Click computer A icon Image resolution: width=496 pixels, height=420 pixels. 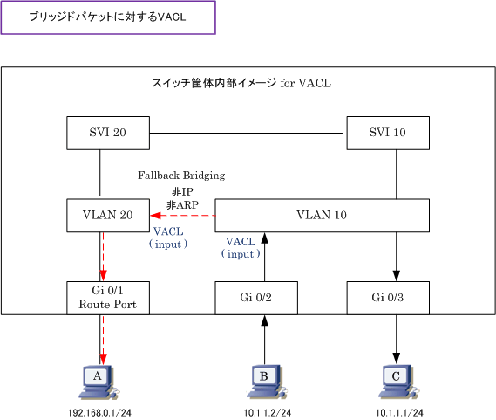99,382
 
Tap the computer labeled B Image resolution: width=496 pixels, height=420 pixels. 267,382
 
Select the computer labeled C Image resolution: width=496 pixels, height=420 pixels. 398,382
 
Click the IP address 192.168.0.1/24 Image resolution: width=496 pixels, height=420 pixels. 99,413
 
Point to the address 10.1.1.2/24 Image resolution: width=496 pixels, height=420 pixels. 268,413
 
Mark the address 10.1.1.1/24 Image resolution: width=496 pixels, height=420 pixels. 399,413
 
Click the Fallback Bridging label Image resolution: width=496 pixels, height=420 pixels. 181,176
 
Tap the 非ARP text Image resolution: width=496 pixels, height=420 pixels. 182,205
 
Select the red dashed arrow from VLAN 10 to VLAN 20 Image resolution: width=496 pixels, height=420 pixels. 182,216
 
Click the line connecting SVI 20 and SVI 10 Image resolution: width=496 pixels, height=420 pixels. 246,133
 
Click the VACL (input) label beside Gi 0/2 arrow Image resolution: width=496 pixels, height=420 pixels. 241,248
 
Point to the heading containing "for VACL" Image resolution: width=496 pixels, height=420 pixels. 241,83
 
